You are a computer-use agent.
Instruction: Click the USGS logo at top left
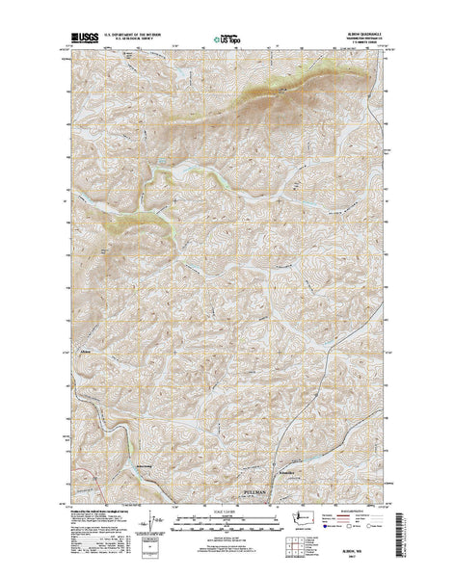click(80, 42)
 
